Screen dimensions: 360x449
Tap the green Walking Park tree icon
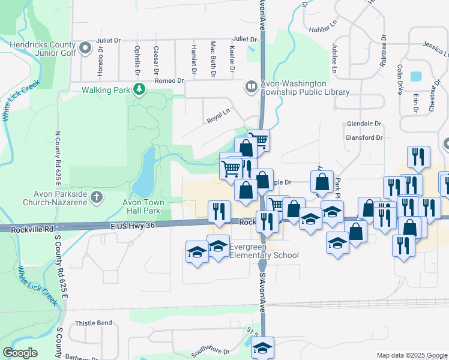139,89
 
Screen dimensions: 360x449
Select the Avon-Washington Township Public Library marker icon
251,88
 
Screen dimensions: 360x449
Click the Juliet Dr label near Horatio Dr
108,40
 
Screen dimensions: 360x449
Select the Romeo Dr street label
169,80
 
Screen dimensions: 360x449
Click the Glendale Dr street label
364,124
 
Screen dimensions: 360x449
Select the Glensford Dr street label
364,137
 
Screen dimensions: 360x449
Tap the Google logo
20,352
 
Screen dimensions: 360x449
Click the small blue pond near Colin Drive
415,77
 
